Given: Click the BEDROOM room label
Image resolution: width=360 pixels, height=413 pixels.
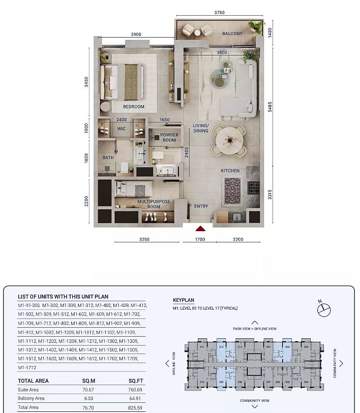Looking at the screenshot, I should tap(133, 107).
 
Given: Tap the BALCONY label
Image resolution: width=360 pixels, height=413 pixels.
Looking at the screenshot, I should tap(232, 34).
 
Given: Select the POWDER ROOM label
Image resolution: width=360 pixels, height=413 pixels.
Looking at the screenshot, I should tap(169, 138).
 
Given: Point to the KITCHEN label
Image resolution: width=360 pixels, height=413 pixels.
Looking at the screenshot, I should tap(230, 171).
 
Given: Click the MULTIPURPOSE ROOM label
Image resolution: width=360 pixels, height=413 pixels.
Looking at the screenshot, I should tap(149, 204).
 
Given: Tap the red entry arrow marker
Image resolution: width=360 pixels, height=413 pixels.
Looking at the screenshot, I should tap(200, 228).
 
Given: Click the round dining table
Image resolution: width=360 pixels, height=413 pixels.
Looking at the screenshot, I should tap(229, 140).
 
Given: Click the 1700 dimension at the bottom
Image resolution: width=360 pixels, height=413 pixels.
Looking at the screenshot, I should tap(200, 239).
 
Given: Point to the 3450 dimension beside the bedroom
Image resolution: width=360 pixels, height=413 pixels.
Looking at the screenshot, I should tap(87, 82).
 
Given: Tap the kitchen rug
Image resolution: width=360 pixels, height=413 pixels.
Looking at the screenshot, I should tap(232, 191).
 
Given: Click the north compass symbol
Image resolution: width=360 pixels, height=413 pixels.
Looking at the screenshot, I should tap(324, 309).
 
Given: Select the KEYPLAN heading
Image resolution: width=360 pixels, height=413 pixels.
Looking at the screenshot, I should tap(183, 300).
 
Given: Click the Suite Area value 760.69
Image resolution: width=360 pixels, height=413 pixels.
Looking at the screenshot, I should tap(135, 389).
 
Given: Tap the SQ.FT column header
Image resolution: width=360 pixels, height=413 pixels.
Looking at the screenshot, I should tap(136, 380).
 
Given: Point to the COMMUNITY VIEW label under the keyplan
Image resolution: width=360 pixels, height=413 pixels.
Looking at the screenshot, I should tap(255, 401).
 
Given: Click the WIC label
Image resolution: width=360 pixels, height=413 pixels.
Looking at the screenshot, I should tap(121, 129).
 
